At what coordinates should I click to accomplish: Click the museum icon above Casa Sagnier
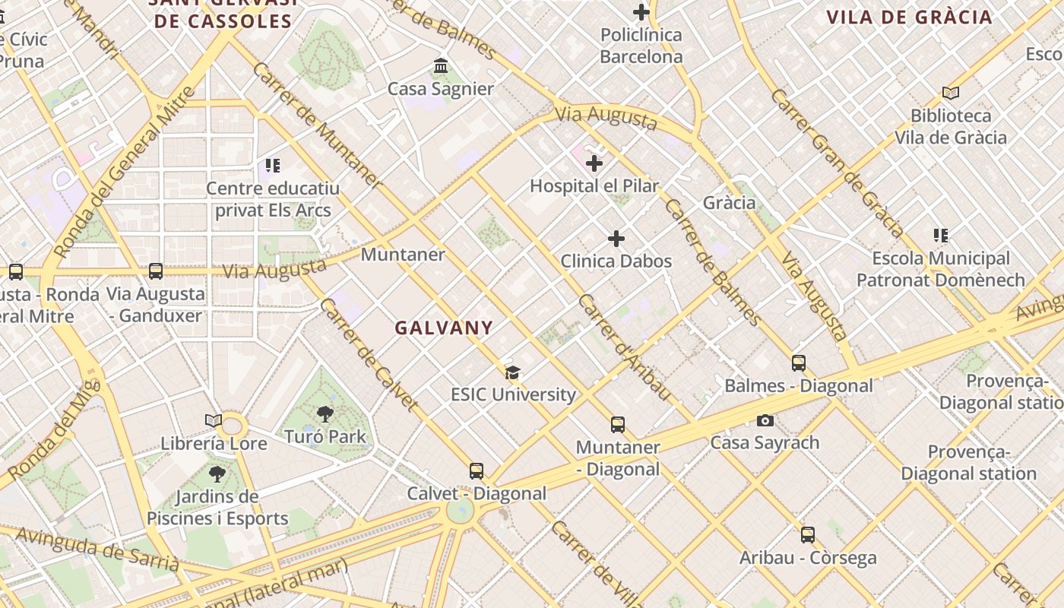[441, 66]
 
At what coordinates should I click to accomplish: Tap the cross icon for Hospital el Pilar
[594, 163]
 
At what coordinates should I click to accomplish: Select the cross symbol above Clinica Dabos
[616, 239]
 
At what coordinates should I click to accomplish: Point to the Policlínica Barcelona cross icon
[641, 12]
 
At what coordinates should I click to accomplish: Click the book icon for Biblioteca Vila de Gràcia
[950, 93]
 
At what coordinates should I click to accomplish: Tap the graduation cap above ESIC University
[513, 372]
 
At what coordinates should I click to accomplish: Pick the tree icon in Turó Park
[325, 414]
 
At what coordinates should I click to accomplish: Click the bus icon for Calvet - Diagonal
[477, 471]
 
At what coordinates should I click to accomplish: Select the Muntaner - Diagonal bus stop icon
[618, 425]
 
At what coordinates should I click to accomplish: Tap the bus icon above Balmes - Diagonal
[799, 363]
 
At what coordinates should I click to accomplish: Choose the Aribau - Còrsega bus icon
[808, 535]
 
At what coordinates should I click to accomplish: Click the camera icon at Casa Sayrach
[765, 420]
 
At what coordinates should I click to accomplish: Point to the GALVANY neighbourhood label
[444, 328]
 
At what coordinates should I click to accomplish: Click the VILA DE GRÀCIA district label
[909, 17]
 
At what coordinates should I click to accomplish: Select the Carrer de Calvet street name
[368, 354]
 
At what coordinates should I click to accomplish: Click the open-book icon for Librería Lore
[214, 420]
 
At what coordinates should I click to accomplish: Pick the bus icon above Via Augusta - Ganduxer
[156, 271]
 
